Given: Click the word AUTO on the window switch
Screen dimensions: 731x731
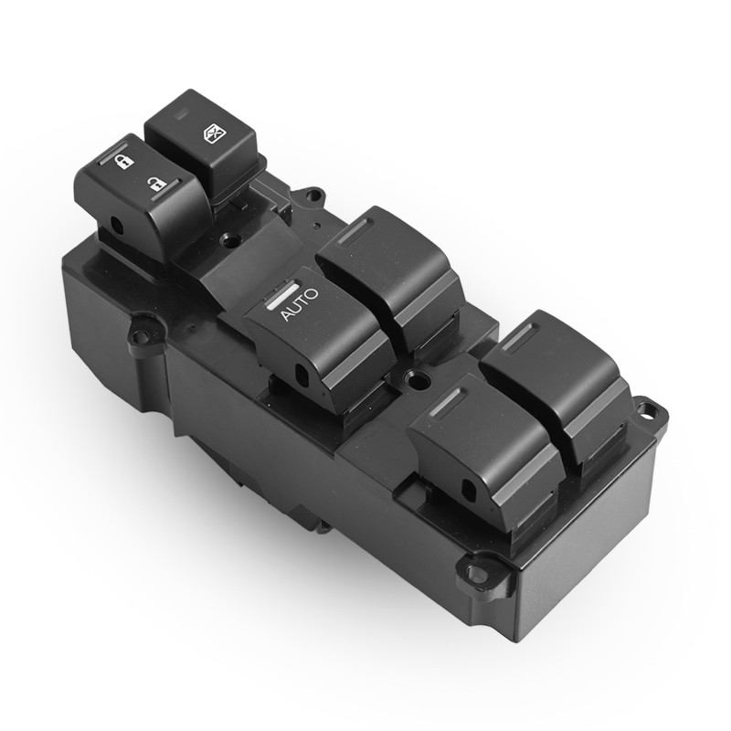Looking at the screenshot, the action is pyautogui.click(x=301, y=304).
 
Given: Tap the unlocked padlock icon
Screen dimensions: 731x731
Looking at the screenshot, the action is pyautogui.click(x=156, y=185).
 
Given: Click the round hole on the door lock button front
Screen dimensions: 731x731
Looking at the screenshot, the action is pyautogui.click(x=117, y=225).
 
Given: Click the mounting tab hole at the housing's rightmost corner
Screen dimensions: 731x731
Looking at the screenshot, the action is pyautogui.click(x=646, y=411).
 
